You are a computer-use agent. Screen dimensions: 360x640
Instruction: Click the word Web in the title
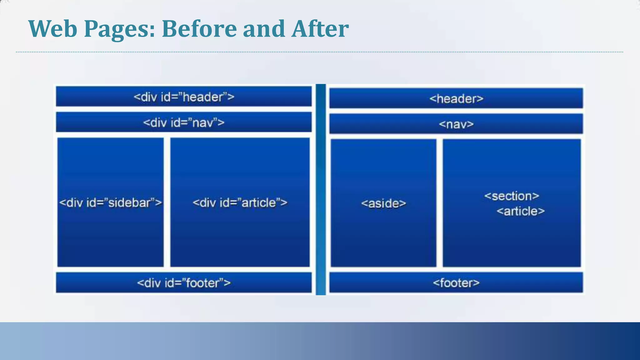click(52, 29)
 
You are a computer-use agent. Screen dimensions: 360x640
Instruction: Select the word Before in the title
click(199, 29)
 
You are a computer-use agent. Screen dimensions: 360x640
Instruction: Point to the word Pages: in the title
click(119, 29)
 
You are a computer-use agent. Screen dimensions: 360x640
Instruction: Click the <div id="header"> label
click(184, 97)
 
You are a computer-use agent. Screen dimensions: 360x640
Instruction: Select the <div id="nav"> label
click(184, 122)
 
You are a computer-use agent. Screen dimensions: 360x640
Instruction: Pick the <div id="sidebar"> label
click(110, 203)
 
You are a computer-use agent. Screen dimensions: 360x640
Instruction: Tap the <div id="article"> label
click(240, 203)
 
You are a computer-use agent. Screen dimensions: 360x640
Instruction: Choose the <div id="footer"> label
click(184, 283)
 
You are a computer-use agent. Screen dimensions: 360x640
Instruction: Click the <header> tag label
click(456, 99)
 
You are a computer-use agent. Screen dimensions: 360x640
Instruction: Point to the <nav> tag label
click(456, 124)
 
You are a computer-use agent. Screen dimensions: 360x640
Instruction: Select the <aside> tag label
click(383, 203)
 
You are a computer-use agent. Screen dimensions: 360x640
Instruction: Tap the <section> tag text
click(512, 196)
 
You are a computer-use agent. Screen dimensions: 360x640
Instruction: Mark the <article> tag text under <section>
click(520, 211)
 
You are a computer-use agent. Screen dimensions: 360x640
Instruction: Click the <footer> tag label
click(456, 283)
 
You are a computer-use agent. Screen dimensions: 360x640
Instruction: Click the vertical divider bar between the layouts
click(321, 189)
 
